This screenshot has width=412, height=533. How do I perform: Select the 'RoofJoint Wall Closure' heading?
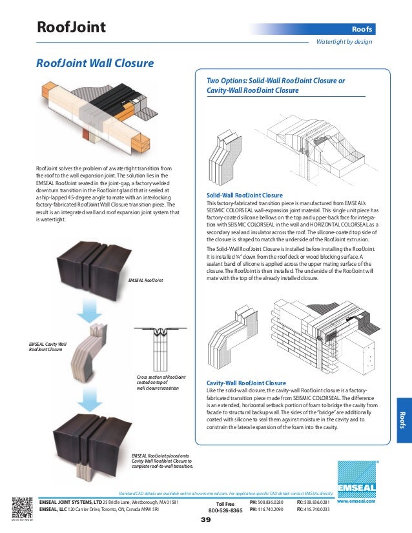(94, 63)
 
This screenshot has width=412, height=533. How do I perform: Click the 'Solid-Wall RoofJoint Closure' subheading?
(244, 195)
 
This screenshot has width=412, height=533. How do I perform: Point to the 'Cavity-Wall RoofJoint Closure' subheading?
(246, 383)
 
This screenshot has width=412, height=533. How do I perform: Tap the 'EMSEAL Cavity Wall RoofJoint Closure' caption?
(48, 348)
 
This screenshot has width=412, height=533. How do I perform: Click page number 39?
(206, 520)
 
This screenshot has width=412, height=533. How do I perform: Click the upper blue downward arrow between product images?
(88, 312)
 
